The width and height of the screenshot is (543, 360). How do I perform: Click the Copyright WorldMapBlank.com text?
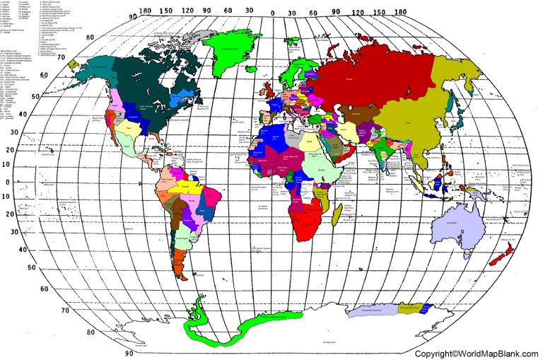point(477,353)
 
